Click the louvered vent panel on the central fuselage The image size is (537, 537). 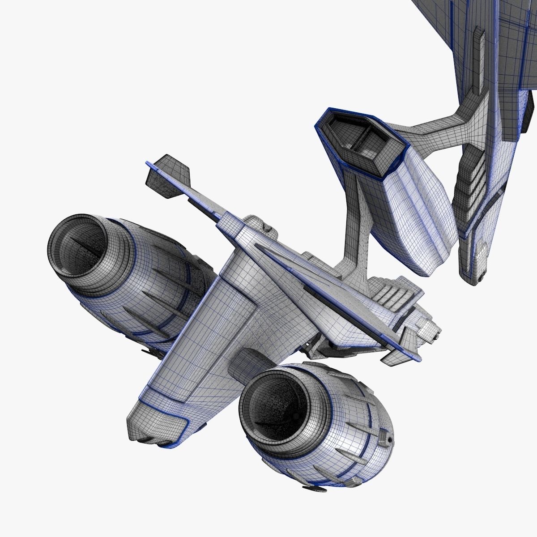(389, 295)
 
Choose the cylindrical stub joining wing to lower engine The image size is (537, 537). (244, 362)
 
